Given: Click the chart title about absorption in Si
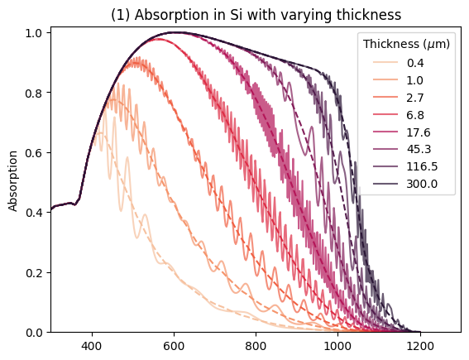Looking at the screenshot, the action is click(256, 14).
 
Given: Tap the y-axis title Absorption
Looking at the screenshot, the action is click(12, 181).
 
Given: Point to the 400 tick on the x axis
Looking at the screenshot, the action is click(92, 346).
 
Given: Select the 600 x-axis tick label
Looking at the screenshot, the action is click(174, 346).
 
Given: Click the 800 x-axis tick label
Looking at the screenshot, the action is click(256, 346).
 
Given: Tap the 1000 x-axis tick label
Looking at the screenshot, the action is click(338, 346).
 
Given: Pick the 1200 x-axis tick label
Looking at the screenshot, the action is click(420, 346).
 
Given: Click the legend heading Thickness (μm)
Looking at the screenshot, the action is click(406, 45).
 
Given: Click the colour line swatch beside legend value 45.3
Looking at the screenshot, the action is click(385, 149).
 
